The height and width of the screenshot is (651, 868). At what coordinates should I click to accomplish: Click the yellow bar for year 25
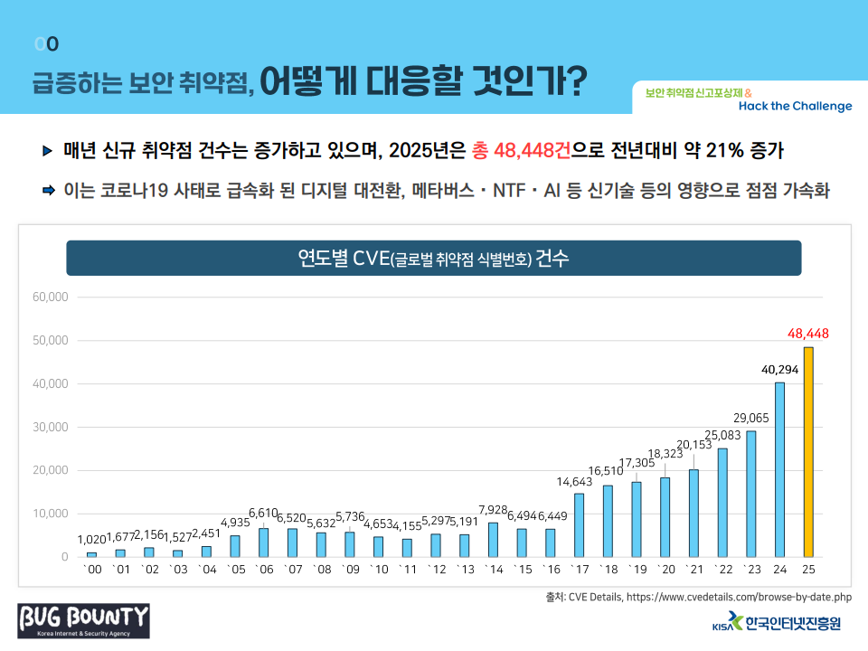tap(807, 451)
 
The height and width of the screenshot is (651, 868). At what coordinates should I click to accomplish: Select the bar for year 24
tap(779, 469)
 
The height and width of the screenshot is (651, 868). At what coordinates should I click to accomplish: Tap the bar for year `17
tap(579, 524)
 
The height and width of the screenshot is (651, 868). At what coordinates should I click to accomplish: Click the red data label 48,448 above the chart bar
tap(808, 334)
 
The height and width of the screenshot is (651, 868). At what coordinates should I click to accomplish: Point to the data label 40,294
tap(779, 369)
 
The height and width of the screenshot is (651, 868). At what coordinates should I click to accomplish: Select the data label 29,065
tap(751, 417)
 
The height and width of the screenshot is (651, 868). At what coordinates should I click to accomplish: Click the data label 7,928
tap(493, 508)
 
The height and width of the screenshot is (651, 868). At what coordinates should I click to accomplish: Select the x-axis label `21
tap(693, 570)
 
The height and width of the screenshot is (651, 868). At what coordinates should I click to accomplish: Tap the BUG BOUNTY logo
tap(84, 620)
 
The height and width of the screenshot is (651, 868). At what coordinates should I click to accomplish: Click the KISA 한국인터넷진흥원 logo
tap(777, 623)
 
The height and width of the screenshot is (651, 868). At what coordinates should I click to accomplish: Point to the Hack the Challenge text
tap(795, 106)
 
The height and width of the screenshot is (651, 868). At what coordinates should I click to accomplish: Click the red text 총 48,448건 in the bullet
tap(520, 149)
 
